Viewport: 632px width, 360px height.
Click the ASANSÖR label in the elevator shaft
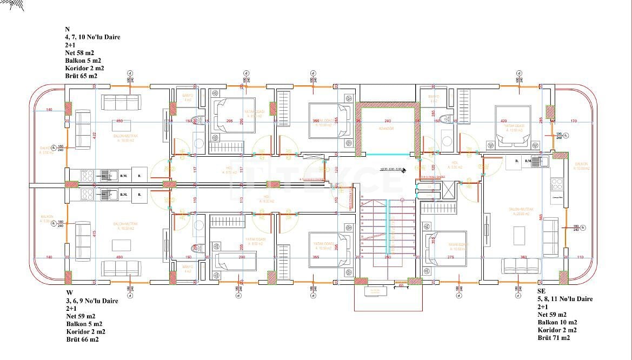(x=387, y=129)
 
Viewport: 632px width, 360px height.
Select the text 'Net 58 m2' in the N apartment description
(x=79, y=53)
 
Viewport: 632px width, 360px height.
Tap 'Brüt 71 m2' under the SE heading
(x=554, y=338)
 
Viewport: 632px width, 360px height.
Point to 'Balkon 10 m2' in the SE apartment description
(x=557, y=322)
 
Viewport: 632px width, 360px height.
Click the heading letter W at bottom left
(x=70, y=292)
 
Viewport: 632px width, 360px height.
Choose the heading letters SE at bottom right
(x=541, y=291)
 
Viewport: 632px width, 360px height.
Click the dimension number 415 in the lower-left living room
(x=94, y=234)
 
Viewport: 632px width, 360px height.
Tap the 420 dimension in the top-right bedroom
(x=503, y=121)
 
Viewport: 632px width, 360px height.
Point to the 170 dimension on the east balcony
(x=574, y=121)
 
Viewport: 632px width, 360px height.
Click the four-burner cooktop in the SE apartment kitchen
(x=557, y=183)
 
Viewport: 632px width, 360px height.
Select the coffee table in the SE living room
(x=519, y=235)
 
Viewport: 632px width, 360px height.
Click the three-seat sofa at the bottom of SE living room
(x=521, y=266)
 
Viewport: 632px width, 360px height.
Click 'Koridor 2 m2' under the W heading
(x=86, y=331)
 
